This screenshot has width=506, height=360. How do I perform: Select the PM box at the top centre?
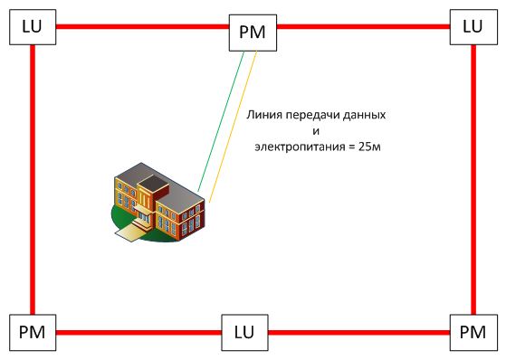(253, 33)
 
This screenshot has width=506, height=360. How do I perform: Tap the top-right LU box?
(473, 26)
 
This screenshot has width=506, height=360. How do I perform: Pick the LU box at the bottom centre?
(244, 333)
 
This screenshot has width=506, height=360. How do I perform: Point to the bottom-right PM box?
(473, 333)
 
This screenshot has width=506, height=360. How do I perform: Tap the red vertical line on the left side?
(33, 181)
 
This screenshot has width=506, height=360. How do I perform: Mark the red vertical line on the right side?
(473, 181)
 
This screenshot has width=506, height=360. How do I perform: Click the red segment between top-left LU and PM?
(140, 27)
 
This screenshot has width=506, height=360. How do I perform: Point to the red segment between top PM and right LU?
(362, 27)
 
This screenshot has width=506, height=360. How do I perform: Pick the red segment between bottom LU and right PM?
(358, 332)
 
